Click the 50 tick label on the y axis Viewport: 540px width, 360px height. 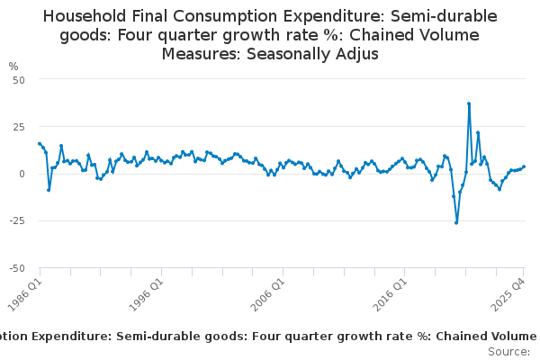click(19, 79)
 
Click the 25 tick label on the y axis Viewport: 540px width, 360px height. click(19, 126)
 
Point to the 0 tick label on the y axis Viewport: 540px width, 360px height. click(22, 173)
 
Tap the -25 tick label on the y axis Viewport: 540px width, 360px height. click(17, 220)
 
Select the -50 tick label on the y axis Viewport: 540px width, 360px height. click(17, 267)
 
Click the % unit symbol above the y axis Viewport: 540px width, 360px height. click(13, 66)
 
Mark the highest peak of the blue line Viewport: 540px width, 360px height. click(469, 103)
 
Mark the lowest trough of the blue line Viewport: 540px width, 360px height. click(456, 222)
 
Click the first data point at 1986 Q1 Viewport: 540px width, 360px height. click(40, 143)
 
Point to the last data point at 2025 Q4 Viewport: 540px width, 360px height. click(524, 166)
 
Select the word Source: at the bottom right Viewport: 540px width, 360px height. click(508, 351)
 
